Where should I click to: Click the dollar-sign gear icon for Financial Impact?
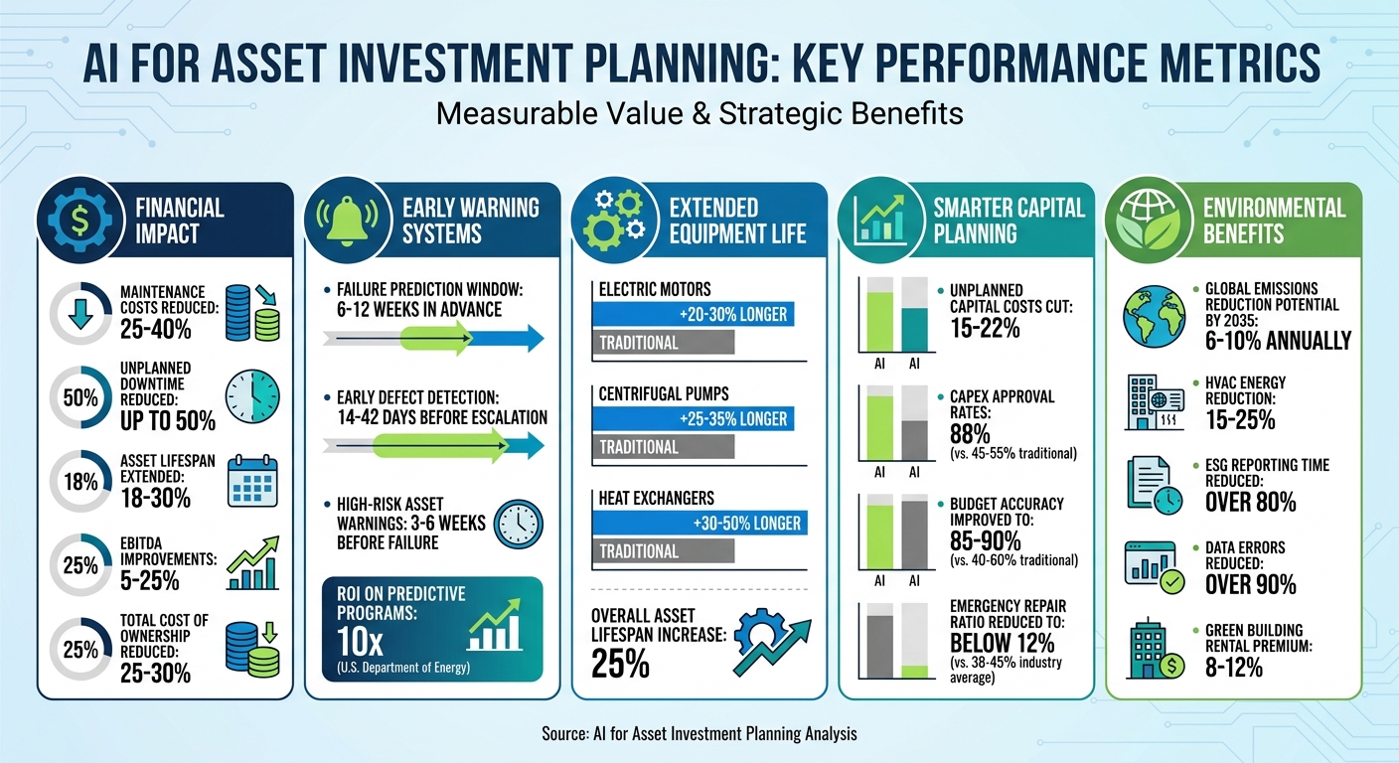tap(73, 221)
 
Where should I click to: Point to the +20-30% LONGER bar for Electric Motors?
tap(697, 315)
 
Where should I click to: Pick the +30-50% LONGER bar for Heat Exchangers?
tap(697, 524)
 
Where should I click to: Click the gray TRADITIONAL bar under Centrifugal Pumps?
tap(663, 447)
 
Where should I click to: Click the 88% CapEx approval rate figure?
tap(970, 434)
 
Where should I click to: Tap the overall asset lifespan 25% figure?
tap(620, 664)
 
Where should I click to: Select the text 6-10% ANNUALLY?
tap(1276, 341)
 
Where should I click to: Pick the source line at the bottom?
tap(699, 734)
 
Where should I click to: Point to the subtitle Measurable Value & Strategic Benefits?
tap(699, 113)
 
